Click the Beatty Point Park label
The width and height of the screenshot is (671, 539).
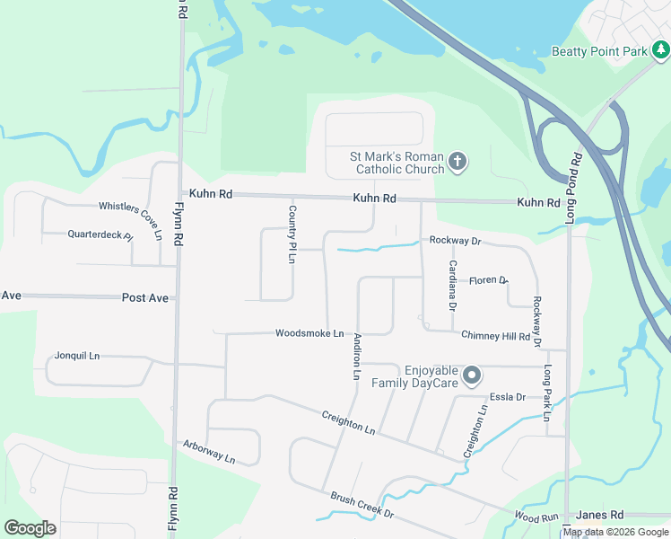(598, 52)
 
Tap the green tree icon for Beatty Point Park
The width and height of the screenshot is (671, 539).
(660, 51)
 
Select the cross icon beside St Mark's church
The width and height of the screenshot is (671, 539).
(457, 163)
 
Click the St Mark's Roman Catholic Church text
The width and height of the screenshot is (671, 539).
(396, 163)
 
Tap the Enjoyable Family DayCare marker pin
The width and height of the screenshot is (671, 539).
(473, 376)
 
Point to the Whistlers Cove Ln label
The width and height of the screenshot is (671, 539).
(131, 220)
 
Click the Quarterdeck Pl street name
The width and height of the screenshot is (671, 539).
(100, 235)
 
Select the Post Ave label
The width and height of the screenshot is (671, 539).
(144, 297)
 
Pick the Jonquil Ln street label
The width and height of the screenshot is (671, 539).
(77, 356)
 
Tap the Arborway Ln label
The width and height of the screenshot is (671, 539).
(208, 452)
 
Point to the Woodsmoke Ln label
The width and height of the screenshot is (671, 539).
(309, 333)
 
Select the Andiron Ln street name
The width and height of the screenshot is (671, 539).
(356, 356)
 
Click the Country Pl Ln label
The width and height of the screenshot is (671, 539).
(292, 234)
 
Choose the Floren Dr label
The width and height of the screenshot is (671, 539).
(488, 280)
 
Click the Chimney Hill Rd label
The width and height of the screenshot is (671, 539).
(495, 336)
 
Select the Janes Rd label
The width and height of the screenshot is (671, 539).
(599, 515)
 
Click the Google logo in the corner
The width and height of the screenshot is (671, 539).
(30, 528)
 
